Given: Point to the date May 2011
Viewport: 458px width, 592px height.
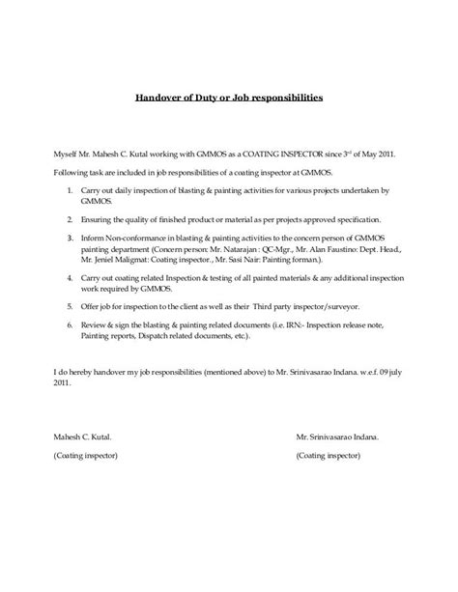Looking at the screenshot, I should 373,153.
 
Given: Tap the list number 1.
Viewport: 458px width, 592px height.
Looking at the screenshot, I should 71,191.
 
